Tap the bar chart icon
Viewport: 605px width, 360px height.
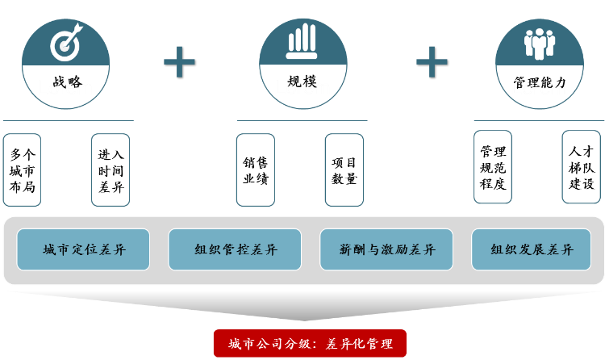coord(302,42)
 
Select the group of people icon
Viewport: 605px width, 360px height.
coord(540,43)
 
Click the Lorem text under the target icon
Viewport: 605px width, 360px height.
coord(65,88)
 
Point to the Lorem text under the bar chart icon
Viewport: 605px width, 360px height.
coord(302,87)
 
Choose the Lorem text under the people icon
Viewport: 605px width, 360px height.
coord(540,87)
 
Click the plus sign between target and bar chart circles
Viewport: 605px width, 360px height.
coord(179,61)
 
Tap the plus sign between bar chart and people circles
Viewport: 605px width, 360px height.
coord(432,61)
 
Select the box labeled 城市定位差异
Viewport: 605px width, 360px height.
coord(84,250)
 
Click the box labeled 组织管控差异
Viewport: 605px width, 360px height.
coord(236,250)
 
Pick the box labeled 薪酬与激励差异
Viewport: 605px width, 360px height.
coord(388,250)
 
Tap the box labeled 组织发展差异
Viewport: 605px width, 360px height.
coord(532,250)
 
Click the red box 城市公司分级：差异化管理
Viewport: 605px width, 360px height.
coord(310,344)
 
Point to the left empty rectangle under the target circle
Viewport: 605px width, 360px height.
coord(22,170)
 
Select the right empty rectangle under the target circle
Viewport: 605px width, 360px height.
coord(111,170)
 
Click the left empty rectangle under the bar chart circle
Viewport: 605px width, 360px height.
coord(255,170)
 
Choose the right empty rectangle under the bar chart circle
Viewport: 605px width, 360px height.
coord(344,170)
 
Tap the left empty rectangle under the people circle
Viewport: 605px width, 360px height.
coord(492,166)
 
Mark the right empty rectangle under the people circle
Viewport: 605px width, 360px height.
coord(581,166)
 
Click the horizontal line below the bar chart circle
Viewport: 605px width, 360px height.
coord(302,121)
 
